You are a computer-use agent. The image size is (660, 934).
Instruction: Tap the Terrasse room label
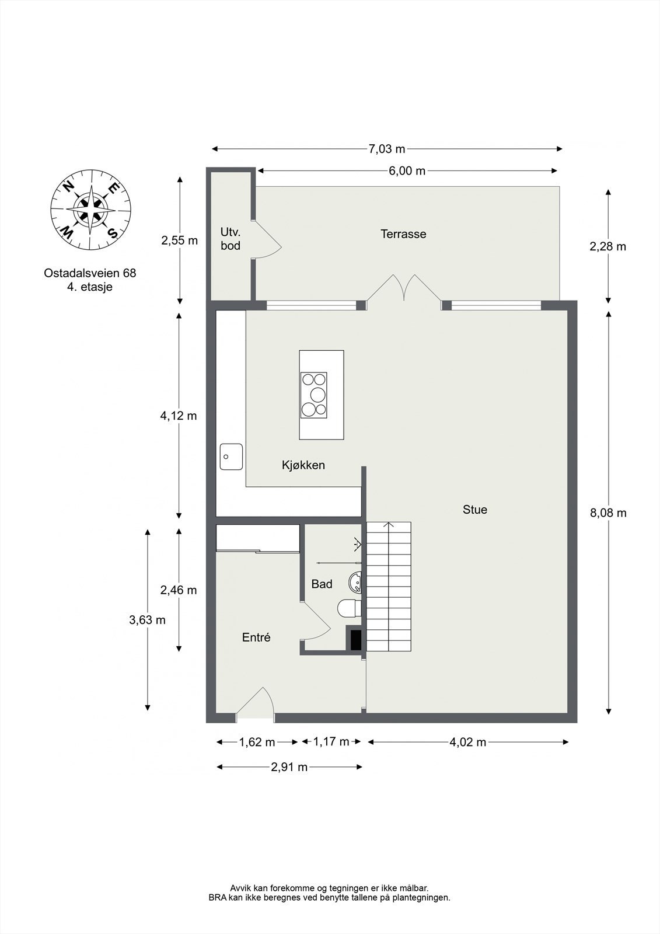[403, 234]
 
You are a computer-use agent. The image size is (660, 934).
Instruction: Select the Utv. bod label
[231, 239]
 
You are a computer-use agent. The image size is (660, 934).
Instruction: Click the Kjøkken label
[303, 465]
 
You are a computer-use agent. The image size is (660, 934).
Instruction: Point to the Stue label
[474, 510]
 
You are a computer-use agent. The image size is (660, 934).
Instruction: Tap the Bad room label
[322, 584]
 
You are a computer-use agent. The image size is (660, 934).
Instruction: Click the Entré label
[256, 637]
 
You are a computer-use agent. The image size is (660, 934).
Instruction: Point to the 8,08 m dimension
[608, 513]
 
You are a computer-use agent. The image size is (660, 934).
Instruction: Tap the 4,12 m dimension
[179, 416]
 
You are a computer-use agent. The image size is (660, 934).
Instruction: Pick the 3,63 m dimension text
[147, 620]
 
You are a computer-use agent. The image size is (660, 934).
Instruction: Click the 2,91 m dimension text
[289, 767]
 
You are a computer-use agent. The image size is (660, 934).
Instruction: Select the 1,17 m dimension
[331, 742]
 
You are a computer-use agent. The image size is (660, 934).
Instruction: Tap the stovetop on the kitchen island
[314, 395]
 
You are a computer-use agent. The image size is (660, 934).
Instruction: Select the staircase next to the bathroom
[389, 587]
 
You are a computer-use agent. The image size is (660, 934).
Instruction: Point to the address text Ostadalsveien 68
[90, 273]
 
